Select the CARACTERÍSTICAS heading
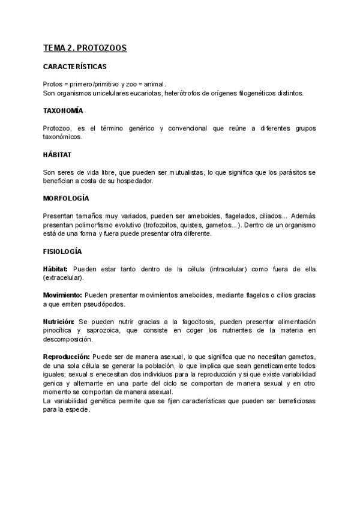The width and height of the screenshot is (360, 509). pos(75,67)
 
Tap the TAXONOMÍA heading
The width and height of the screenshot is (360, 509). pos(63,111)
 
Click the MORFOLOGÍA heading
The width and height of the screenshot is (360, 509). pos(66,197)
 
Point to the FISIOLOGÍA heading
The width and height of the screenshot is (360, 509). pos(62,251)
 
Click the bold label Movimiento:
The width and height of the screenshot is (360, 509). pos(62,295)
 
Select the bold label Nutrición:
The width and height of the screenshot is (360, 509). pos(59,322)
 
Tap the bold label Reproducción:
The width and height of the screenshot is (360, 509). pos(66,357)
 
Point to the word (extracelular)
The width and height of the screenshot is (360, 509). pos(63,278)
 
